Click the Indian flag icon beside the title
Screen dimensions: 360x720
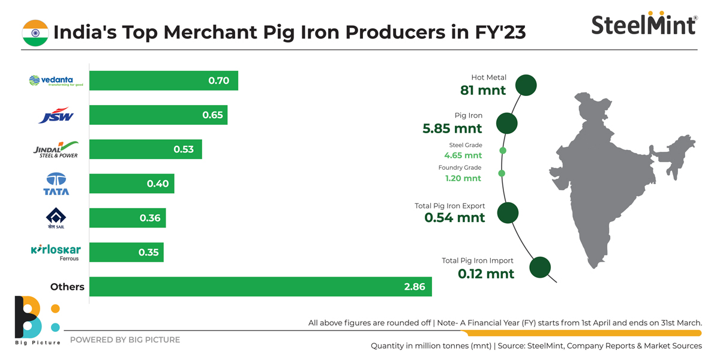pos(35,32)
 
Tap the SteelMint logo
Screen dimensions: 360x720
pos(644,24)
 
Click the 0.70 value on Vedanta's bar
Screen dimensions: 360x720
pos(218,80)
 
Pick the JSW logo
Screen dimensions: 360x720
pos(56,115)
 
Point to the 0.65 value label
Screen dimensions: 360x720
pos(212,115)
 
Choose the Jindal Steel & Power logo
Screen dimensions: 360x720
pos(56,149)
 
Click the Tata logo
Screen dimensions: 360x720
pos(56,184)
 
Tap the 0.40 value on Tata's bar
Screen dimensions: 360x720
pos(158,184)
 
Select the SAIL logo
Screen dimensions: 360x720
pos(56,218)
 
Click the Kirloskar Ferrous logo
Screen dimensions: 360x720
pos(56,252)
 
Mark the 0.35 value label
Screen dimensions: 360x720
pos(148,252)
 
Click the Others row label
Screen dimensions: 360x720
pos(67,287)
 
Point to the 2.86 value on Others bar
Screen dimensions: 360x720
pos(414,287)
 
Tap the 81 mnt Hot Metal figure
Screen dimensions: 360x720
pos(483,91)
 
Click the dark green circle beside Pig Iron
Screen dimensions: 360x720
pos(507,124)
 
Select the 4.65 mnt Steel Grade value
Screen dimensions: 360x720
pos(463,155)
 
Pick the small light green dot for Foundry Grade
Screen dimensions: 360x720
pos(502,173)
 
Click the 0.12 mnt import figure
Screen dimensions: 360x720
pos(486,274)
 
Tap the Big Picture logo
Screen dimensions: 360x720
pos(37,320)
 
